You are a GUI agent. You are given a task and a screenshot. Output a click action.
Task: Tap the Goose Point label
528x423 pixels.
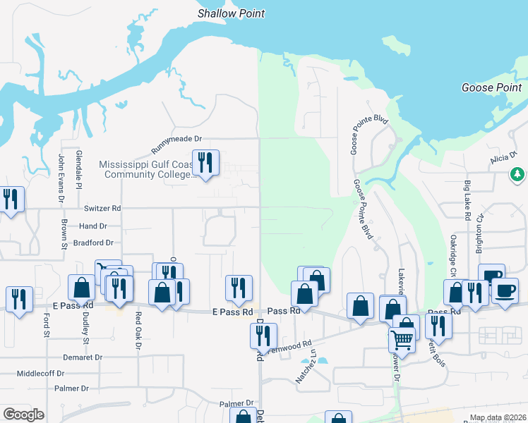coord(491,87)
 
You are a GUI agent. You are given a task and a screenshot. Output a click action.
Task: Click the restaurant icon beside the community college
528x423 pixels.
coord(205,164)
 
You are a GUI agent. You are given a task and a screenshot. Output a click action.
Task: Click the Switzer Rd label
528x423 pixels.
coord(102,209)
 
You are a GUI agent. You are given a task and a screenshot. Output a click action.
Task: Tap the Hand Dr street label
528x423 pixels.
coord(93,226)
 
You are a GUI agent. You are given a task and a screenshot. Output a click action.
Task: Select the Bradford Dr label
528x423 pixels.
coord(93,243)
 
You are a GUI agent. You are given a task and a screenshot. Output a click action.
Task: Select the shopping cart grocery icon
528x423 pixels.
coord(402,339)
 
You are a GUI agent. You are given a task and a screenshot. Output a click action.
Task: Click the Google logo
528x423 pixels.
coord(23,415)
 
